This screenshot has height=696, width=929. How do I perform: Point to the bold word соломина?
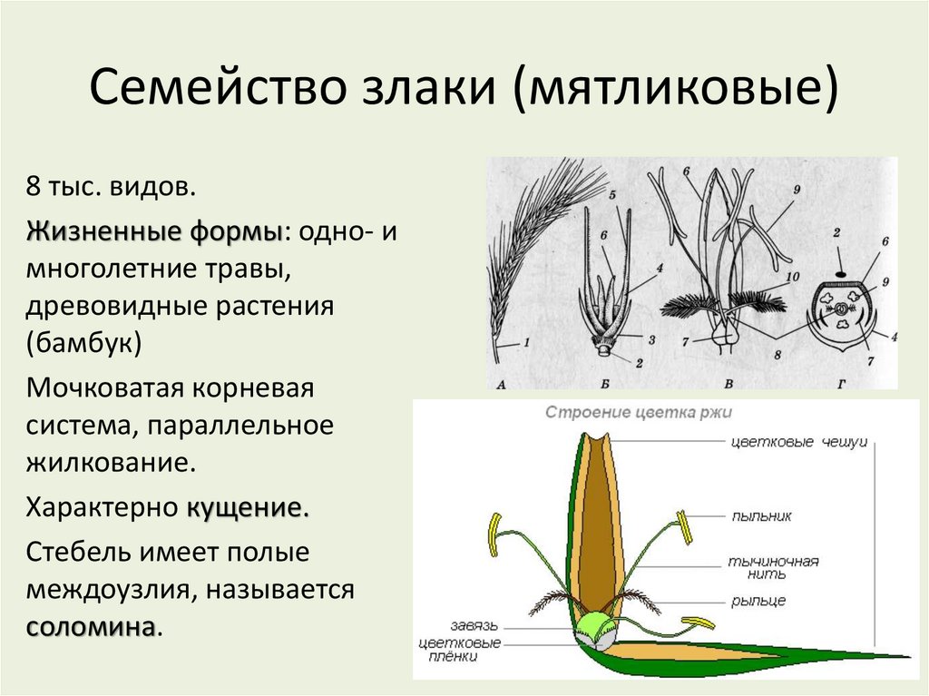(x=91, y=627)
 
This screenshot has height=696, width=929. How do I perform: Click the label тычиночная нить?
(x=773, y=567)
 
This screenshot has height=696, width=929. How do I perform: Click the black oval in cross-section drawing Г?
(x=842, y=272)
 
